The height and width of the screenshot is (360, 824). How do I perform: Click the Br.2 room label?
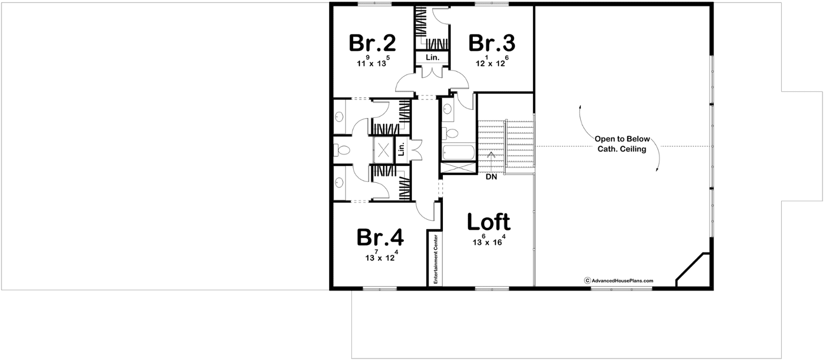372,43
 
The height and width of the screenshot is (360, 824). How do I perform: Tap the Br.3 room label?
492,43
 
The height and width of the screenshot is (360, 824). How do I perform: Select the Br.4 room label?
380,237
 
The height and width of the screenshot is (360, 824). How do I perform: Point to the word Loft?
489,222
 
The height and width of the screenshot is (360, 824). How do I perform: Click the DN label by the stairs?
491,177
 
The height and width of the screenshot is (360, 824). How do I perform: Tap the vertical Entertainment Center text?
435,259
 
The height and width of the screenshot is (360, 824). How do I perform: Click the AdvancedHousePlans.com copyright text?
619,281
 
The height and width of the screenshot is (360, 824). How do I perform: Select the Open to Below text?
623,140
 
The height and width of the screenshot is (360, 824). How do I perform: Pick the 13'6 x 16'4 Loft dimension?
489,240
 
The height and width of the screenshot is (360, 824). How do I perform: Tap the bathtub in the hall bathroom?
458,153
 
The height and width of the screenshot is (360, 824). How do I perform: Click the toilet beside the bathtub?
450,133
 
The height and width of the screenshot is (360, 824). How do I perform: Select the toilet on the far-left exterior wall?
341,150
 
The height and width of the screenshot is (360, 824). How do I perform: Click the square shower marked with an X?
383,150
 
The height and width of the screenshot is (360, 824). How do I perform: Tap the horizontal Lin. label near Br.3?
433,58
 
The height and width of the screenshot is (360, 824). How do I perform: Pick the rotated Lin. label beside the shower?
402,149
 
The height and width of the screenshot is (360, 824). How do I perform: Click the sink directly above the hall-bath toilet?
448,109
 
